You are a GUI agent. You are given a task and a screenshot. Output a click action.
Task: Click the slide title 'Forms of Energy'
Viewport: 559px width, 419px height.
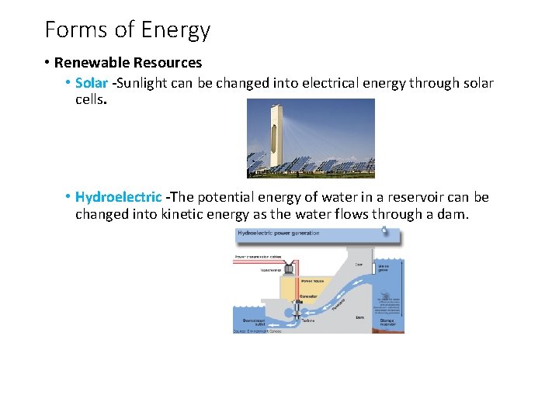tap(127, 30)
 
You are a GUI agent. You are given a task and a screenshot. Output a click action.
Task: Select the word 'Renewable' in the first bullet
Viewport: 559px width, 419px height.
tap(92, 63)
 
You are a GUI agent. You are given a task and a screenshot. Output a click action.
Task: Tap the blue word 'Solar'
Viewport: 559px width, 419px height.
tap(91, 83)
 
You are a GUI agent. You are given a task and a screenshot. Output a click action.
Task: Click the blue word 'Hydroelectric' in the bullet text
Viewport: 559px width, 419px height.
tap(118, 197)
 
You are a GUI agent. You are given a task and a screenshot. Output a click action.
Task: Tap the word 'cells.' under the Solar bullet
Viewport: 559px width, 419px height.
tap(91, 100)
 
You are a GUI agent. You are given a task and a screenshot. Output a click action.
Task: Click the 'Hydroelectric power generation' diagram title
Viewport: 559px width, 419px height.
tap(278, 234)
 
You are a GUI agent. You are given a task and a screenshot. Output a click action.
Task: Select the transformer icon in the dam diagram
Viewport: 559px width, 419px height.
tap(290, 267)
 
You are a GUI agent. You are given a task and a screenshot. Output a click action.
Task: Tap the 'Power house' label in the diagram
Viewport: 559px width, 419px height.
tap(312, 281)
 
